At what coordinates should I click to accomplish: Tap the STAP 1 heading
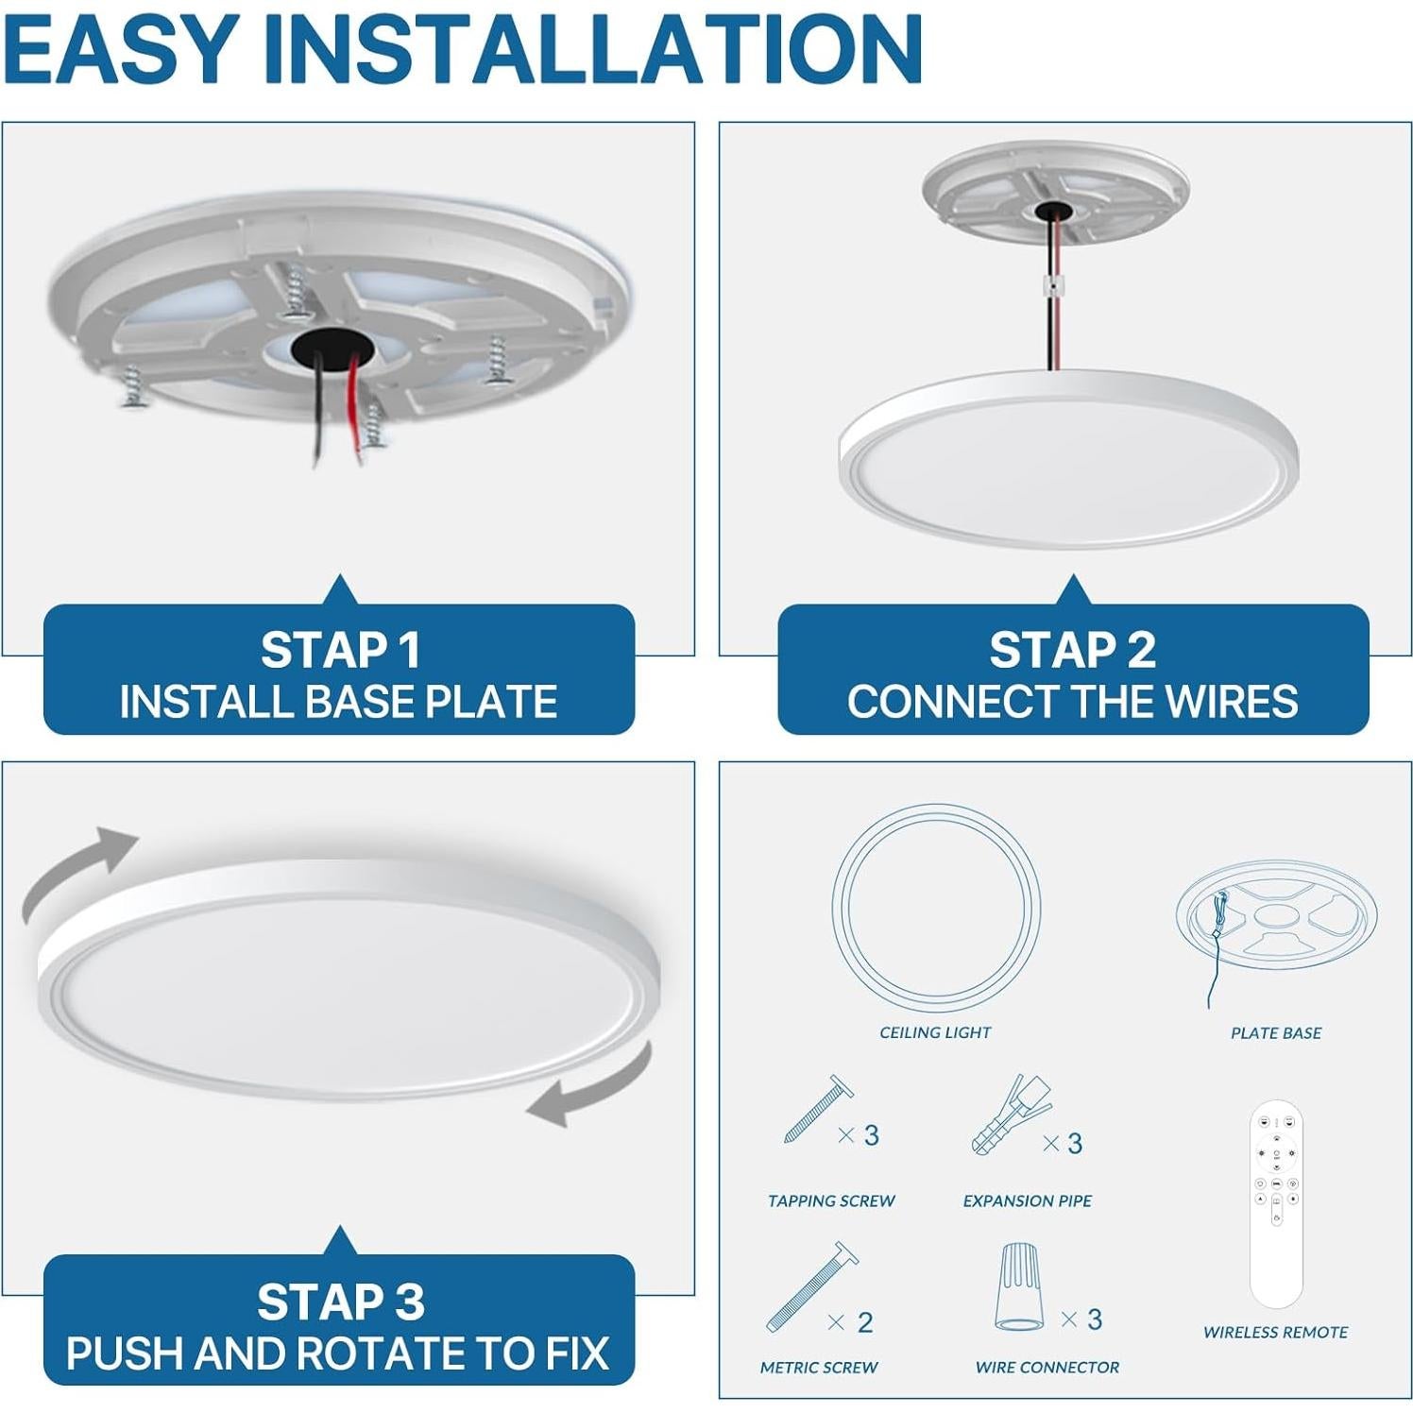pyautogui.click(x=339, y=650)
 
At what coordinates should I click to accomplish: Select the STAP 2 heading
pyautogui.click(x=1072, y=650)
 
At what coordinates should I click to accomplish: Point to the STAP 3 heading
pyautogui.click(x=340, y=1302)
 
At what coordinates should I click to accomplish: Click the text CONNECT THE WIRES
pyautogui.click(x=1072, y=702)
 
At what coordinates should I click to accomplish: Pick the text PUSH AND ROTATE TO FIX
pyautogui.click(x=337, y=1353)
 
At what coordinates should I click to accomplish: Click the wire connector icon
pyautogui.click(x=1020, y=1286)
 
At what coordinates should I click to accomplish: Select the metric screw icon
pyautogui.click(x=810, y=1286)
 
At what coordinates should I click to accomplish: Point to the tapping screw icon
pyautogui.click(x=817, y=1110)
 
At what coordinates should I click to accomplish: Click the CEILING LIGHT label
pyautogui.click(x=935, y=1032)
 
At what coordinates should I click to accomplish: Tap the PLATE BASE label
pyautogui.click(x=1275, y=1032)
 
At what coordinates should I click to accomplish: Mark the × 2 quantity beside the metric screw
pyautogui.click(x=850, y=1322)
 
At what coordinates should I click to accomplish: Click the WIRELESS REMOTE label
pyautogui.click(x=1275, y=1332)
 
